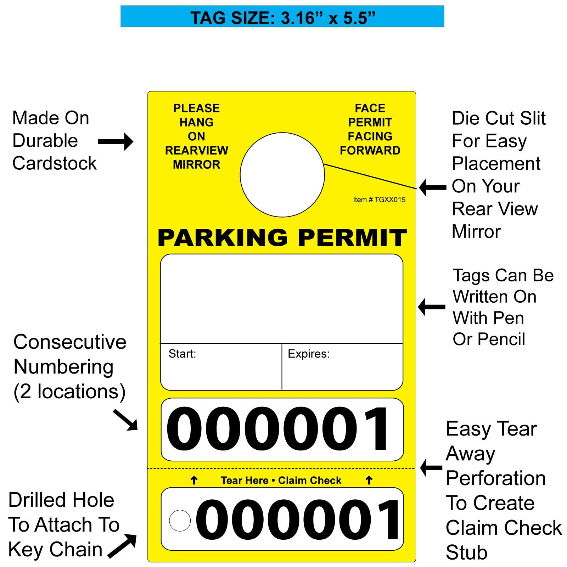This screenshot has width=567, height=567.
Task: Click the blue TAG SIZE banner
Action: (282, 17)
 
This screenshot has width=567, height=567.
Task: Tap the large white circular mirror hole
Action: (282, 175)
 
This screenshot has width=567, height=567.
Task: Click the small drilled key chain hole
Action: (180, 521)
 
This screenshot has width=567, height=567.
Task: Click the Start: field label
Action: (182, 354)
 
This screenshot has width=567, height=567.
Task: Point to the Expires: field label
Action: (308, 354)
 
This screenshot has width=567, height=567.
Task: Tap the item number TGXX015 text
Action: (379, 200)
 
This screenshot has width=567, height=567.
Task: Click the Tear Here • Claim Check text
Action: (281, 480)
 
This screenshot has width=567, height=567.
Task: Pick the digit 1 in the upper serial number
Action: (376, 429)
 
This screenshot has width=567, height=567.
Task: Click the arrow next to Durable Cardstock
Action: (116, 142)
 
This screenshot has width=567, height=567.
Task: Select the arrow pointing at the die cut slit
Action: (433, 187)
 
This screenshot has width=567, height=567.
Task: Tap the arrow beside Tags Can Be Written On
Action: (432, 307)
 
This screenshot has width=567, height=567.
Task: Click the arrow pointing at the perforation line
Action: (431, 468)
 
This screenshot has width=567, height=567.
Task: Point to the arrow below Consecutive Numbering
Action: (126, 420)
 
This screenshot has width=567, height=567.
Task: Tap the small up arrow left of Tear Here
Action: (194, 481)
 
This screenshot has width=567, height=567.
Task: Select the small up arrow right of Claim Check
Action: (369, 481)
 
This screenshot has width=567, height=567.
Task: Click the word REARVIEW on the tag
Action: (196, 150)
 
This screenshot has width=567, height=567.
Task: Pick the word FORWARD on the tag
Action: (370, 150)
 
